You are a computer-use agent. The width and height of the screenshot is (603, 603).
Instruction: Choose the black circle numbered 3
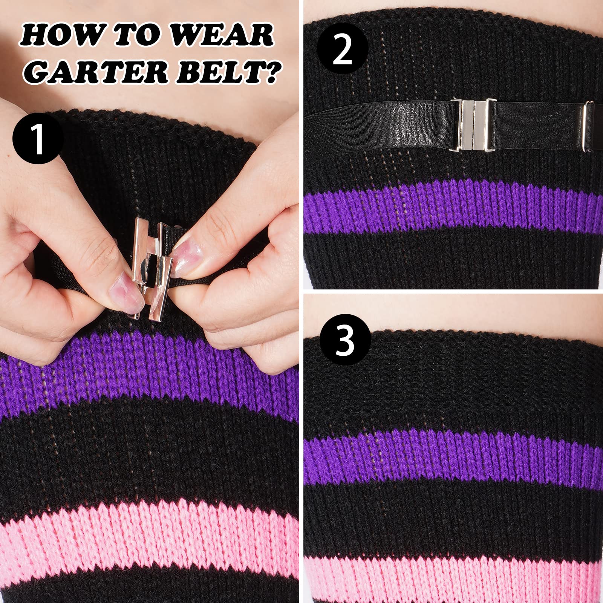point(345,340)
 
